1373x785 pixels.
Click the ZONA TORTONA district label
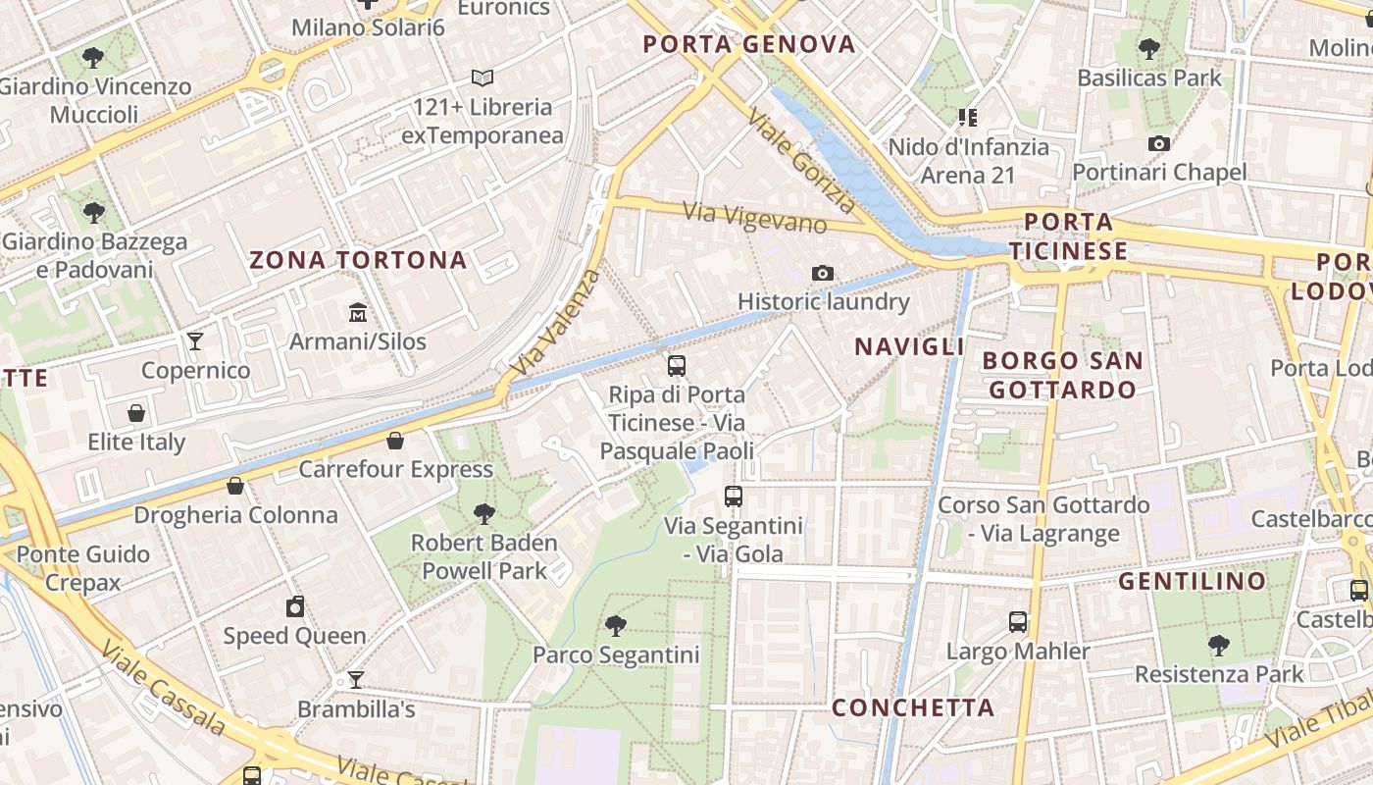[358, 260]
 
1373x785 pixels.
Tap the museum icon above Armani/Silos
[358, 313]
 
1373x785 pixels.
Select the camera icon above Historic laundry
[823, 273]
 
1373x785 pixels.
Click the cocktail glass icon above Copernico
[195, 341]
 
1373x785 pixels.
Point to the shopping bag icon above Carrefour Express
[395, 441]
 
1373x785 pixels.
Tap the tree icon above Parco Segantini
[615, 625]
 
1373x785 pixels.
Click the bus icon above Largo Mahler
[1018, 621]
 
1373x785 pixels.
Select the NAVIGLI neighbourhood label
[909, 346]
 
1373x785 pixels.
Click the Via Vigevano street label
[755, 218]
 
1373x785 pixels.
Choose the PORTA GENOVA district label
[749, 44]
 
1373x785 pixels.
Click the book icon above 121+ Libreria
[482, 78]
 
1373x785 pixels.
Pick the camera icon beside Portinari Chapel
[1158, 144]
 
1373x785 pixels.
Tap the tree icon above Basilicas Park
[1149, 48]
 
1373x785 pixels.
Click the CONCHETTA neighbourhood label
[913, 707]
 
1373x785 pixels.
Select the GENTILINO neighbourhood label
[1193, 581]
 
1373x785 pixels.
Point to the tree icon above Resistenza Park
[1218, 645]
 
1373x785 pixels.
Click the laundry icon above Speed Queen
[294, 606]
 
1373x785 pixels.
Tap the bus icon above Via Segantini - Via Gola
[734, 496]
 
